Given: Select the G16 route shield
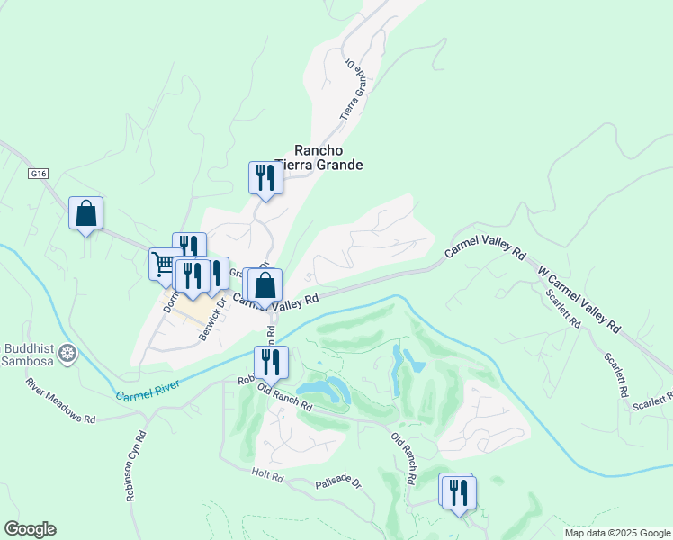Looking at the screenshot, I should [x=37, y=173].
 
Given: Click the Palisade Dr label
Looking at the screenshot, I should [x=338, y=484].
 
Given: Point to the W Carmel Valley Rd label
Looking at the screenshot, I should [x=580, y=298].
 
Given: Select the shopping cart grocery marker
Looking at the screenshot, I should [x=164, y=263].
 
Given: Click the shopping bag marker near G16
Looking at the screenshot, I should [x=86, y=213].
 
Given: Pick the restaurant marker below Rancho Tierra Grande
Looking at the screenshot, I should [x=265, y=176].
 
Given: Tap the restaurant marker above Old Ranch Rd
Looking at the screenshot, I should [x=271, y=362].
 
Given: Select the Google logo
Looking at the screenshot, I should [x=30, y=529].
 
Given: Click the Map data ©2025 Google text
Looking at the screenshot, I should [x=616, y=533].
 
